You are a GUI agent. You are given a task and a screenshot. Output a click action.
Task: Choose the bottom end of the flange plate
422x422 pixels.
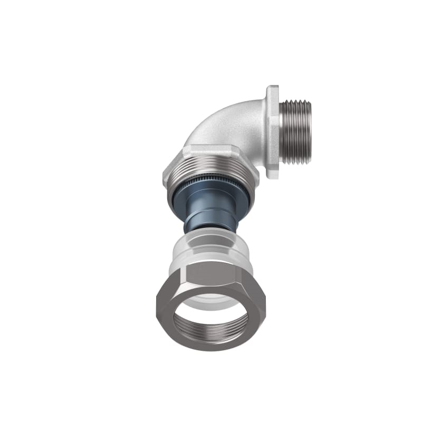272,177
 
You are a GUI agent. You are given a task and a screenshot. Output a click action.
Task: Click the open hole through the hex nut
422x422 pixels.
211,314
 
